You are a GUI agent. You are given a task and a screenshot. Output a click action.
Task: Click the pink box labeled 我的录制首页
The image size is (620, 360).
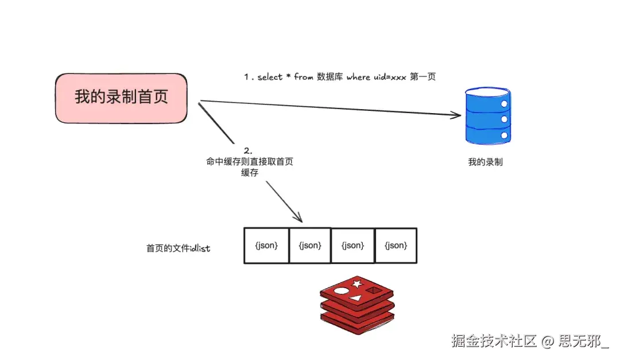(121, 98)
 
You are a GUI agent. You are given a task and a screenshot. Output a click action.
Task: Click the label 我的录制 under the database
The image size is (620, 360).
(485, 162)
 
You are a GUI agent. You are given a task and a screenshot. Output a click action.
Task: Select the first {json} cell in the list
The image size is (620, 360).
(266, 246)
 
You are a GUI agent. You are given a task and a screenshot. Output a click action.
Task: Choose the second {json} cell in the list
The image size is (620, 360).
(310, 246)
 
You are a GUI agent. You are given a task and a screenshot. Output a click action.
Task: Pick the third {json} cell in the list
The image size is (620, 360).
(352, 246)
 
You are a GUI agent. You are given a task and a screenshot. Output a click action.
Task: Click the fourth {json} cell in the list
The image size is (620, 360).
(396, 246)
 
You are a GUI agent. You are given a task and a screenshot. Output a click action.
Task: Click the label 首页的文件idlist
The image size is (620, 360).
(178, 249)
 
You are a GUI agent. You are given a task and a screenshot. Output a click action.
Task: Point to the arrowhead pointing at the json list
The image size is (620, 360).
(298, 219)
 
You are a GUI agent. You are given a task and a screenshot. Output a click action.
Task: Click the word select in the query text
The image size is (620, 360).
(270, 77)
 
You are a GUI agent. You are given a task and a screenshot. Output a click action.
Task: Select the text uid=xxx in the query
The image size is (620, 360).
(390, 77)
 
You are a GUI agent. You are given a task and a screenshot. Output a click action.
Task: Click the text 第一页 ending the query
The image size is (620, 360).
(423, 77)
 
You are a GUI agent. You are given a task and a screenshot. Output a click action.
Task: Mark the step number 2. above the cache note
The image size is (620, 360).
(249, 150)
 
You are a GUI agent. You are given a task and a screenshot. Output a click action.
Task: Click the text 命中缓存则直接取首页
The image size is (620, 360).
(250, 162)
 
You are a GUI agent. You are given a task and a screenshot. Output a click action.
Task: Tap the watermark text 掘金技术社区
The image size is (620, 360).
(493, 341)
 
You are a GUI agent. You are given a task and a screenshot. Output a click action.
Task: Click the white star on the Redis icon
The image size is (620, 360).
(356, 284)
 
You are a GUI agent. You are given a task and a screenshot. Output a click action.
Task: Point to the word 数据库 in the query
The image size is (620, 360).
(330, 77)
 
